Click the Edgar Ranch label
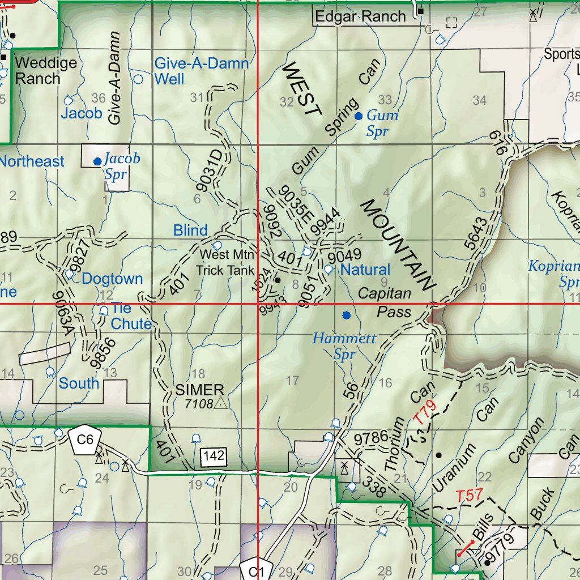[x=360, y=17]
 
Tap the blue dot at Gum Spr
[x=358, y=116]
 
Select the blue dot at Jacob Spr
[x=97, y=161]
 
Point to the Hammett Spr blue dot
[x=346, y=315]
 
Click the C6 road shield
[x=85, y=439]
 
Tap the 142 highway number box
[x=214, y=456]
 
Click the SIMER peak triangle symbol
[x=220, y=403]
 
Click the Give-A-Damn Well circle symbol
[x=138, y=79]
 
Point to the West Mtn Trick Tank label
[x=226, y=262]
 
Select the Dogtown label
[x=112, y=279]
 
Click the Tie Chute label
[x=131, y=316]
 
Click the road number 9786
[x=371, y=437]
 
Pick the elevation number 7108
[x=198, y=404]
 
